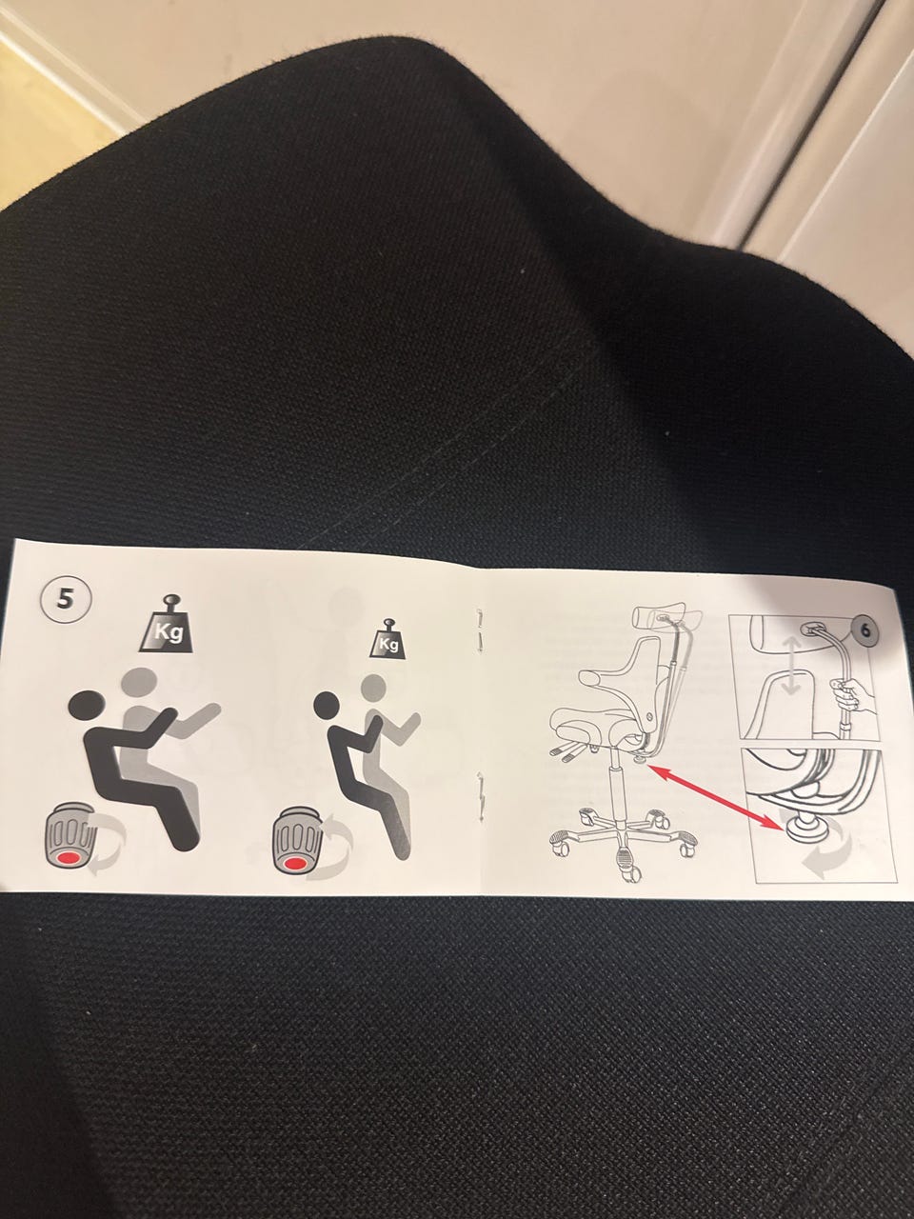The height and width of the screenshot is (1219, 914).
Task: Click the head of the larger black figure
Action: point(87,706)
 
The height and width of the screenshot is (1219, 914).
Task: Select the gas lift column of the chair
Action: point(617,789)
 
